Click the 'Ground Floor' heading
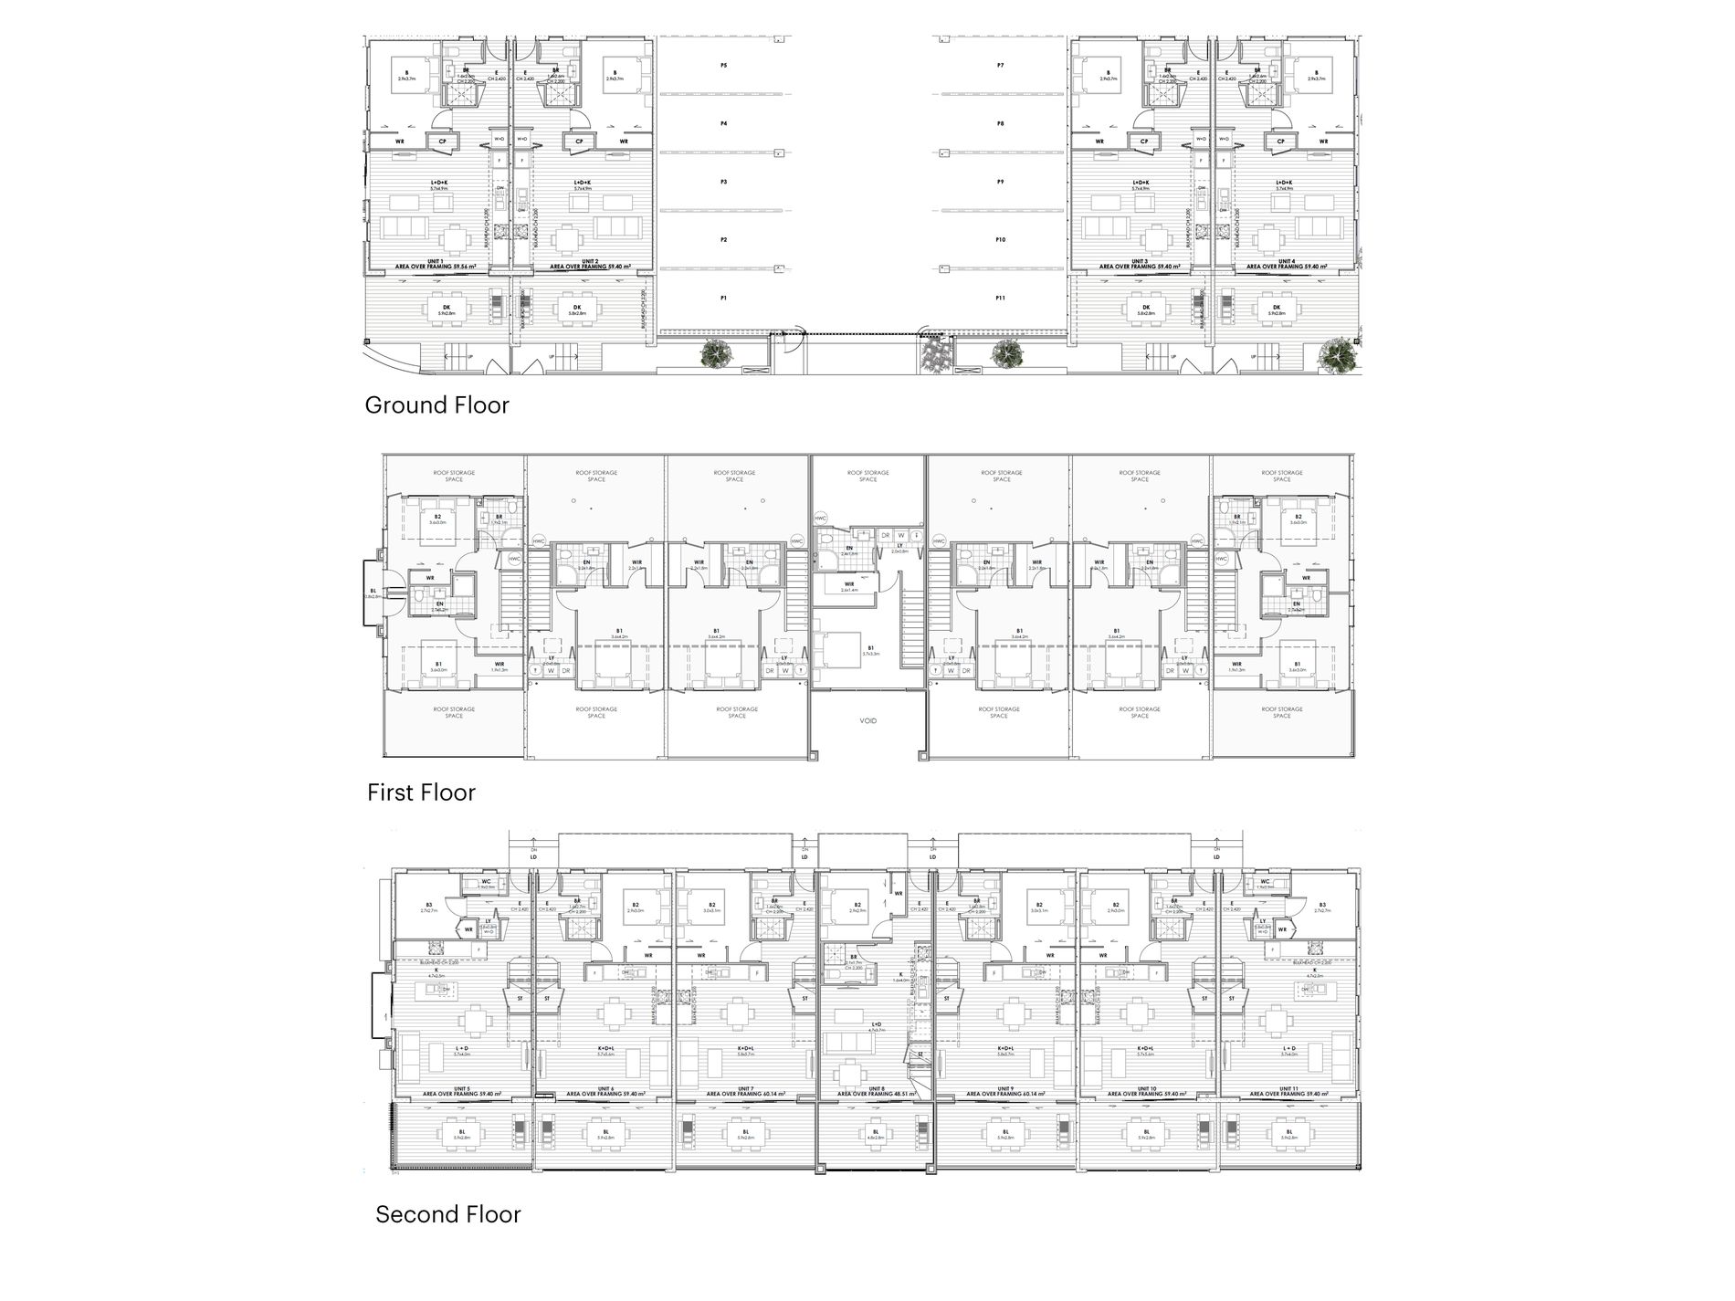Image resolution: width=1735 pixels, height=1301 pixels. coord(436,405)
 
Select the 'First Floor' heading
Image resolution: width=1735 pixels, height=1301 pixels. coord(421,792)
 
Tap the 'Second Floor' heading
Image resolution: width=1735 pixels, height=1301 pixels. coord(447,1214)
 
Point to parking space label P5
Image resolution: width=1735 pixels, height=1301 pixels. coord(723,66)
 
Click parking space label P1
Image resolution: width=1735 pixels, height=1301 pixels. coord(723,299)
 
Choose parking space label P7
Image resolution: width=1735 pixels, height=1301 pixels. coord(1001,66)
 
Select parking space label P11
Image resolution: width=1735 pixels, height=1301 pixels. coord(1001,299)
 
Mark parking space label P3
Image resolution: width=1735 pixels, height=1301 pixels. coord(723,183)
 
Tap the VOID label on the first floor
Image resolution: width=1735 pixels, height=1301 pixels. coord(868,720)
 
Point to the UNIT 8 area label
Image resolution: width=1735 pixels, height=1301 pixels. coord(876,1091)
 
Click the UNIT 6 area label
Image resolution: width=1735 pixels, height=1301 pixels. coord(605,1091)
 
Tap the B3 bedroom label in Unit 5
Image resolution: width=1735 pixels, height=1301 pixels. coord(429,907)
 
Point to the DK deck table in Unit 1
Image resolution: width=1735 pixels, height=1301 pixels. coord(447,310)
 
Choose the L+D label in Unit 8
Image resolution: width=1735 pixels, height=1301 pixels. coord(877,1025)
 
